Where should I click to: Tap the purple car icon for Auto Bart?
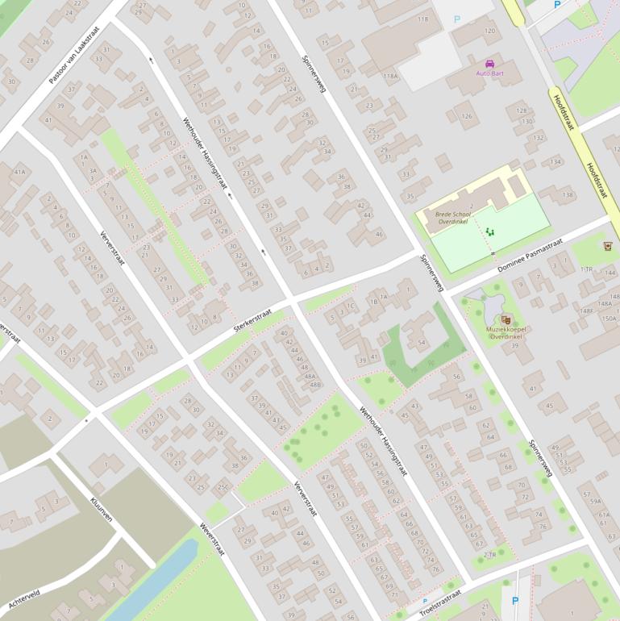(489, 64)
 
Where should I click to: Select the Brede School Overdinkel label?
(452, 219)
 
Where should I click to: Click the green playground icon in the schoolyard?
(489, 231)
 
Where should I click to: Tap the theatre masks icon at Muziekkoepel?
(506, 319)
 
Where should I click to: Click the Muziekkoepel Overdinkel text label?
(505, 332)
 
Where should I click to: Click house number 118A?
(390, 76)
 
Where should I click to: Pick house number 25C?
(223, 487)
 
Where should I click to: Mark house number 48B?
(314, 385)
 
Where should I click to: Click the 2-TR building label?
(489, 555)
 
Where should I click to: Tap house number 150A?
(608, 318)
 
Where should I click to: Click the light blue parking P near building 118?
(457, 19)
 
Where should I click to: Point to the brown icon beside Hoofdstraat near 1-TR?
(607, 246)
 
